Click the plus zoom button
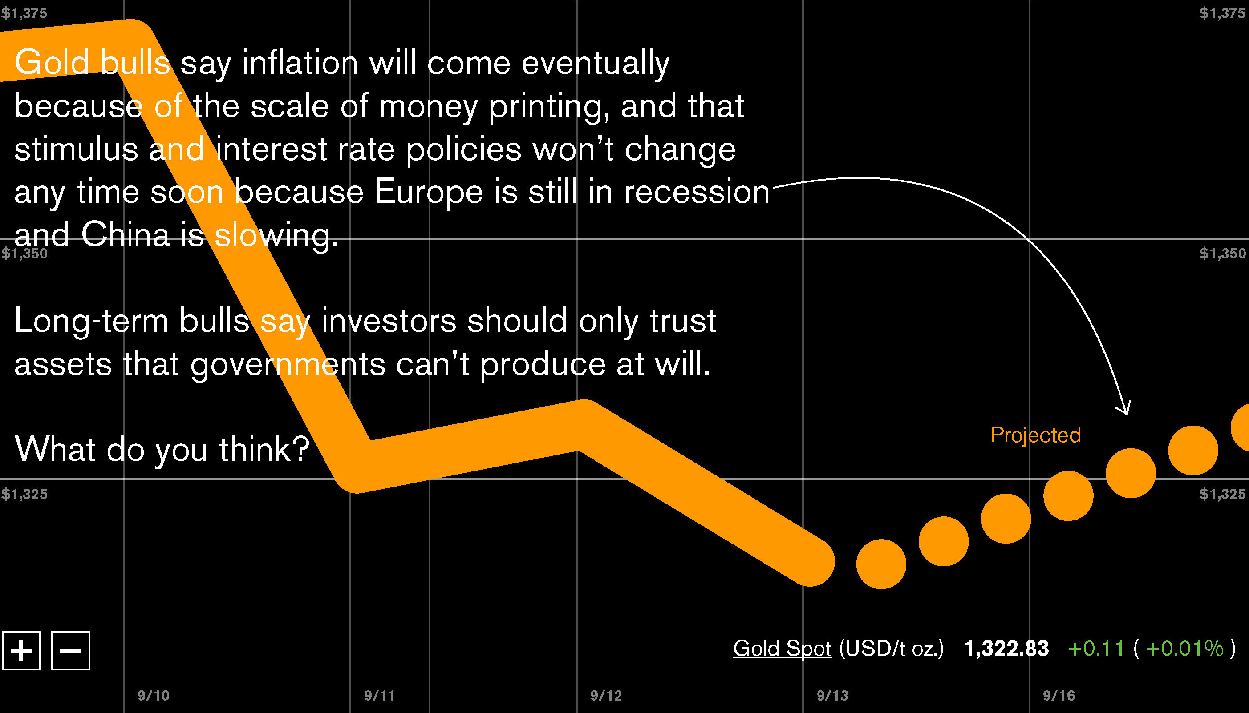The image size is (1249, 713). click(21, 651)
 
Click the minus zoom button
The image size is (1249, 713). click(71, 651)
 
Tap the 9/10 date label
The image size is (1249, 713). click(154, 695)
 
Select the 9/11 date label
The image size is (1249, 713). click(379, 695)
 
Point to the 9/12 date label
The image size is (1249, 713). click(606, 695)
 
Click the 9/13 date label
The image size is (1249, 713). click(832, 695)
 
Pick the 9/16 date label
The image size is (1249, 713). click(1058, 695)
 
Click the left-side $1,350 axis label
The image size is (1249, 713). click(24, 254)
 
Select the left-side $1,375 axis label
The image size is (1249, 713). click(24, 13)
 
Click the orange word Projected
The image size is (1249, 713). click(1035, 435)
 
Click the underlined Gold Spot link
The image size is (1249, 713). click(782, 649)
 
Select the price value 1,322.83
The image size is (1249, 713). click(1006, 649)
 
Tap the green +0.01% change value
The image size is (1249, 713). click(1184, 649)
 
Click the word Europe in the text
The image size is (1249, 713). click(428, 192)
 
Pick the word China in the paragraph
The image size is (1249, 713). click(126, 234)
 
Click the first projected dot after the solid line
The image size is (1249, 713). click(881, 564)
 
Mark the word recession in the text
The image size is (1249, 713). click(696, 192)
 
